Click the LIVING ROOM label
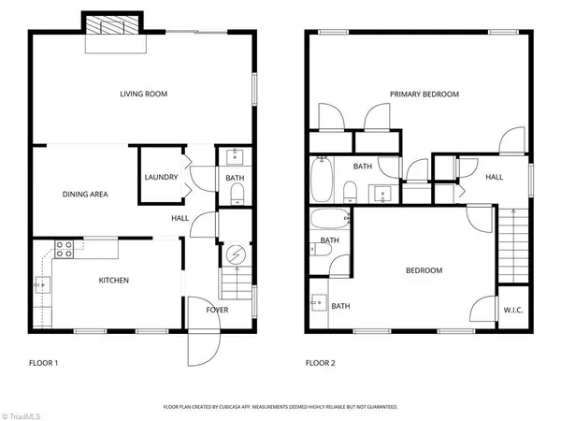(142, 93)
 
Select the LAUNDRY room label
(161, 177)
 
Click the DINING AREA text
(85, 195)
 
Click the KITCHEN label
(114, 280)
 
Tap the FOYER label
(218, 309)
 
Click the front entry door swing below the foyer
(201, 348)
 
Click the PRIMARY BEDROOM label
(425, 94)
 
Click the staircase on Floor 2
(512, 243)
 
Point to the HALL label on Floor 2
(494, 177)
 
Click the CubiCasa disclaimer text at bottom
(280, 407)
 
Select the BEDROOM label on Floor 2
(424, 270)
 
